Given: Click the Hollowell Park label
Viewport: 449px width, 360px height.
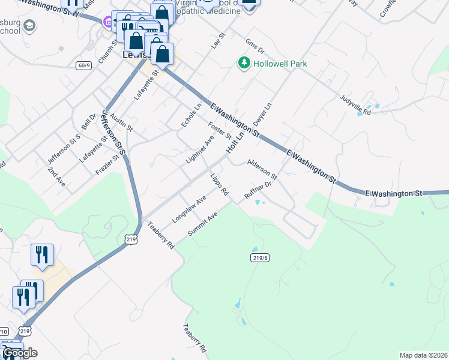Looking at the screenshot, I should [271, 63].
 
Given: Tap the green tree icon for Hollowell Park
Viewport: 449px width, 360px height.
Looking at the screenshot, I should [244, 63].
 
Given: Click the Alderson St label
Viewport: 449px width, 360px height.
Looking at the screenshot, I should [262, 169].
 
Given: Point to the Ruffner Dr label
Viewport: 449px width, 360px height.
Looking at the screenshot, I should [259, 189].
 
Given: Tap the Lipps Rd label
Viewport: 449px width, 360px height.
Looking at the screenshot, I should [220, 185].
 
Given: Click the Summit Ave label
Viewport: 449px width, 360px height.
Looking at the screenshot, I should [203, 224].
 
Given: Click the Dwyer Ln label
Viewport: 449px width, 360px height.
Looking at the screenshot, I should [263, 113].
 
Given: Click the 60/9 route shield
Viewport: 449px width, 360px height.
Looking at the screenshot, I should [84, 65].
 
